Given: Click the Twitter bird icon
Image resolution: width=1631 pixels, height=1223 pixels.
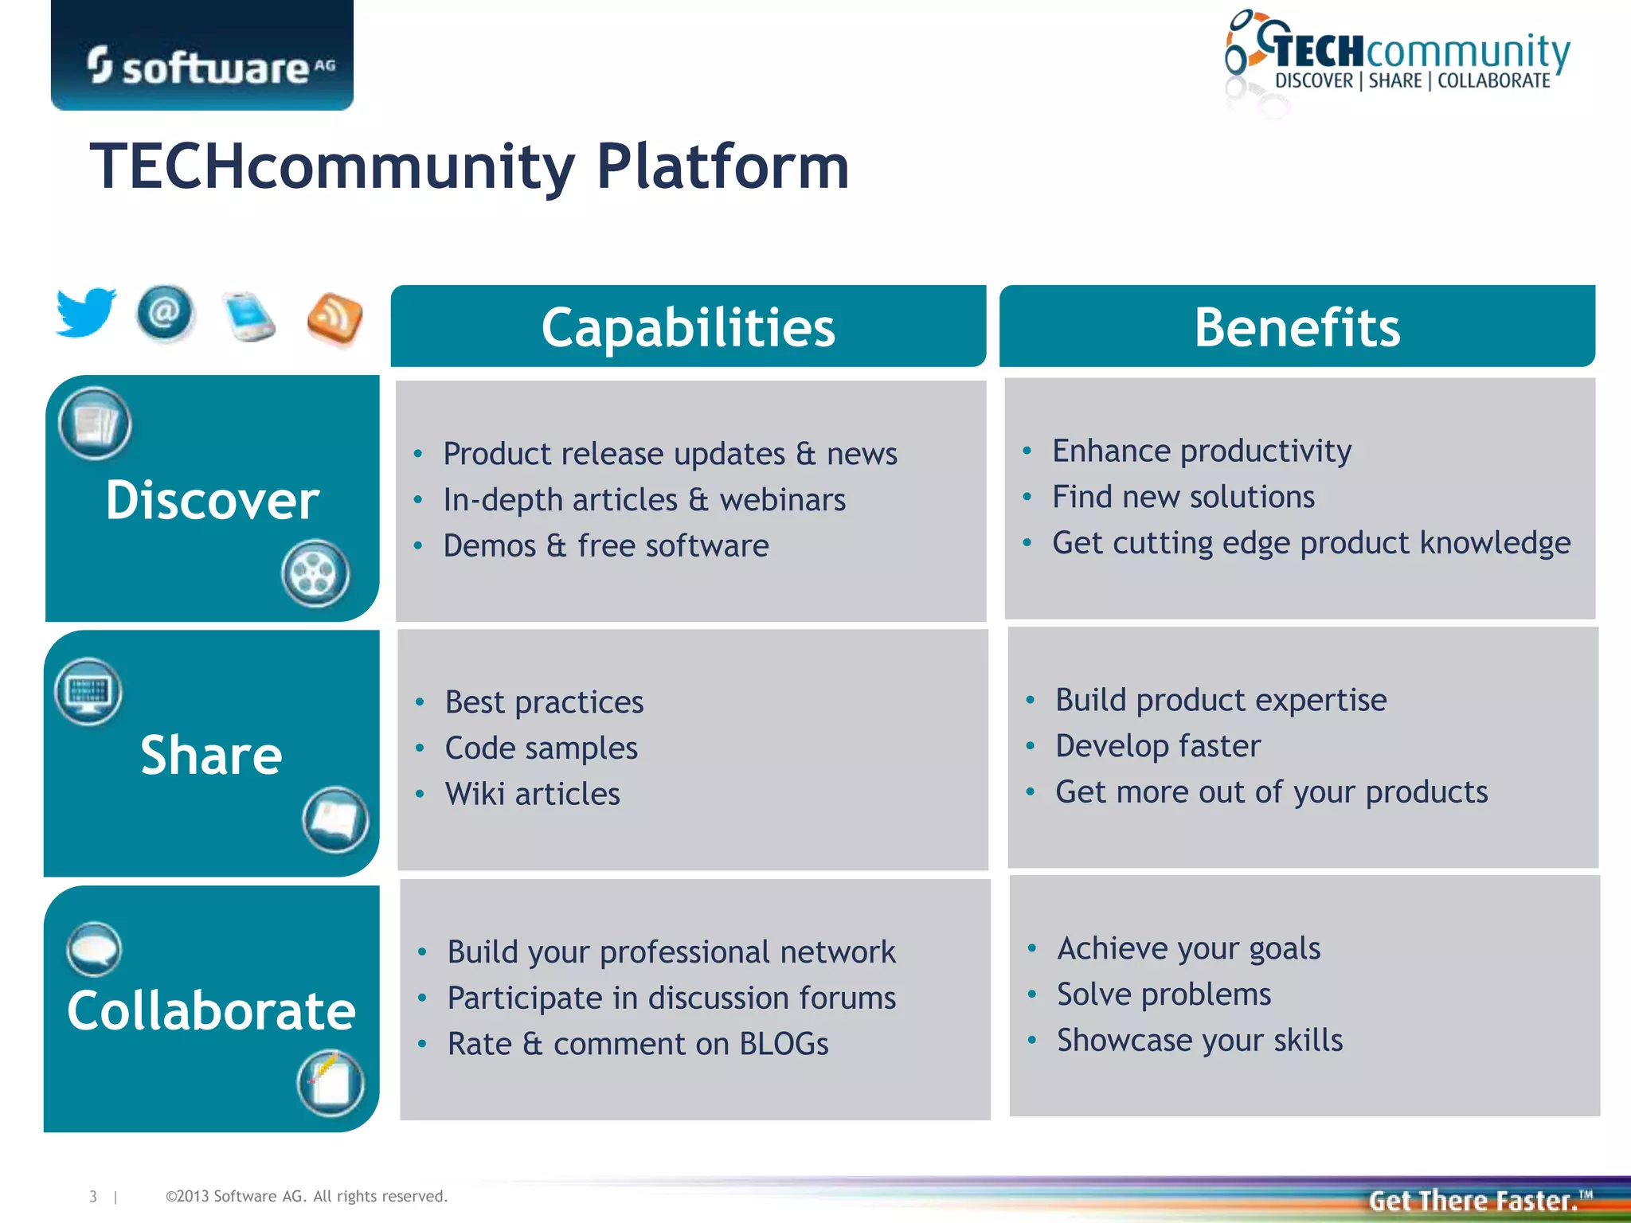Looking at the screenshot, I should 85,312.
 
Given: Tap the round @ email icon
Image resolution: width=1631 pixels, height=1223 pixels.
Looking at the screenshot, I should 165,313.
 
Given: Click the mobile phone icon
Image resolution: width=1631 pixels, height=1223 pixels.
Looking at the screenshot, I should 249,317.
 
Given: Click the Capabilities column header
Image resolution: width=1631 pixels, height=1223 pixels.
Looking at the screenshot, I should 688,327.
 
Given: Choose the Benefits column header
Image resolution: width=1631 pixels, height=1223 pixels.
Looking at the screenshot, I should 1297,327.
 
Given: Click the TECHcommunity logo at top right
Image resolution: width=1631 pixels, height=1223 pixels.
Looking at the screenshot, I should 1398,60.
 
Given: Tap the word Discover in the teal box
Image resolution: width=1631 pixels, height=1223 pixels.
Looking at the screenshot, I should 212,500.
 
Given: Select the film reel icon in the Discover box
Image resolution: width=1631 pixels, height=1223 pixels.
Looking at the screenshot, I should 315,573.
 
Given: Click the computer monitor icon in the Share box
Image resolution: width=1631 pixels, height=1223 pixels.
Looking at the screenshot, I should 88,691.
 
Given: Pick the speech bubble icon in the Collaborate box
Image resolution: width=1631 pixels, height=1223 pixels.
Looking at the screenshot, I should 94,949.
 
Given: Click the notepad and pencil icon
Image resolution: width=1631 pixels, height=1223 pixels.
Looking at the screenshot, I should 331,1083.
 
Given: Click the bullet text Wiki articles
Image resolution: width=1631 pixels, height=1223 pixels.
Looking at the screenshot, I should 532,794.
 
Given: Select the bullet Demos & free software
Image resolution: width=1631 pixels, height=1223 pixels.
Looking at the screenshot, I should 605,546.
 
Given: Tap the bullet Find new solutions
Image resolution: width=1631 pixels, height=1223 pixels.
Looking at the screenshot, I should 1183,497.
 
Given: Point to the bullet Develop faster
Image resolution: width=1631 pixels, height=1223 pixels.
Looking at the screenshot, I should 1157,746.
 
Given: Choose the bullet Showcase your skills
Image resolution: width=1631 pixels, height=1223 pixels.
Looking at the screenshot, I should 1199,1041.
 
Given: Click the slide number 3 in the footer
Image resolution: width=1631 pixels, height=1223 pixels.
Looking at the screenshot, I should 93,1196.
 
